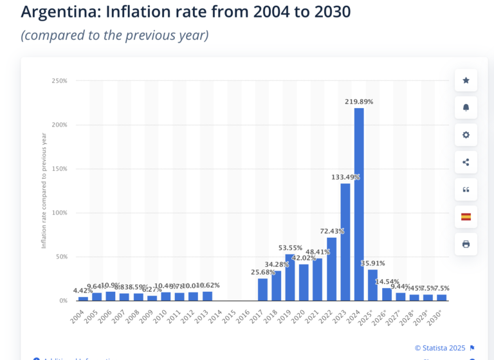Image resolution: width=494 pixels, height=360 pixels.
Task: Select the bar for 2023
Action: [345, 242]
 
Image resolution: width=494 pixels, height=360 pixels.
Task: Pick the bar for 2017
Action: [262, 289]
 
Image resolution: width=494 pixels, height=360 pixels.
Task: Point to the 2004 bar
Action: [83, 298]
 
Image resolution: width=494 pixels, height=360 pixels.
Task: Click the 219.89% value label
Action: [359, 102]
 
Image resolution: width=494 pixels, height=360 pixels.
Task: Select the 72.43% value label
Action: [332, 231]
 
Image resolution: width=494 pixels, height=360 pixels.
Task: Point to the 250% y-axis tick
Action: [59, 81]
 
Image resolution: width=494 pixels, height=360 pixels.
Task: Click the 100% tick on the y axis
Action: [59, 213]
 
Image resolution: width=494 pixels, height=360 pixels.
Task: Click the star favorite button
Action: [466, 80]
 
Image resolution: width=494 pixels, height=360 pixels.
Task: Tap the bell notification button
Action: [466, 107]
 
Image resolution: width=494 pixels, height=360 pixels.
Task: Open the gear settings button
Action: [466, 135]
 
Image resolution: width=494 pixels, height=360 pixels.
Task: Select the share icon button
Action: [466, 162]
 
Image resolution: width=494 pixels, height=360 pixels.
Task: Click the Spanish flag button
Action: [466, 217]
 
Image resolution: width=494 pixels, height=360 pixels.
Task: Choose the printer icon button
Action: [466, 244]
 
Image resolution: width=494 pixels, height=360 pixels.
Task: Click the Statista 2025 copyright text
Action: [440, 348]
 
